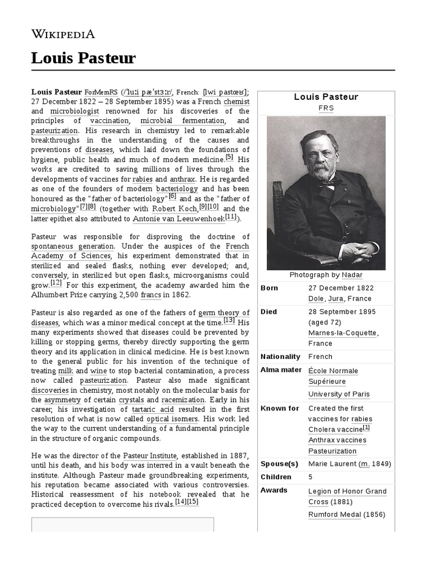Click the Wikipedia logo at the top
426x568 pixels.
(x=63, y=34)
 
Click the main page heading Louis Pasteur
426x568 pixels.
(x=83, y=58)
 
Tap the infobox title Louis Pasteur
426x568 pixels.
(x=326, y=97)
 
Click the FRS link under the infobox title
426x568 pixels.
(x=326, y=108)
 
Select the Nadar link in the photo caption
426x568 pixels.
(x=352, y=275)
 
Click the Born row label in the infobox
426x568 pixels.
(x=270, y=288)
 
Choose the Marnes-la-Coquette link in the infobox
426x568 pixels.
(x=342, y=333)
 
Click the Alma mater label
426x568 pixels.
(x=281, y=370)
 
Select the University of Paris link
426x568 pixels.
(x=339, y=394)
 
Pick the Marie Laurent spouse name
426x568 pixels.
(x=332, y=464)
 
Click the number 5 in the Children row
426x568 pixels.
(x=311, y=477)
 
